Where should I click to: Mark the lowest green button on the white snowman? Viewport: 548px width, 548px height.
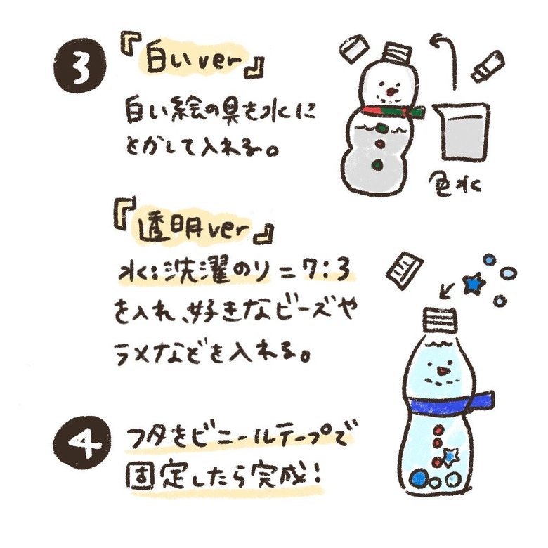[379, 164]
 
